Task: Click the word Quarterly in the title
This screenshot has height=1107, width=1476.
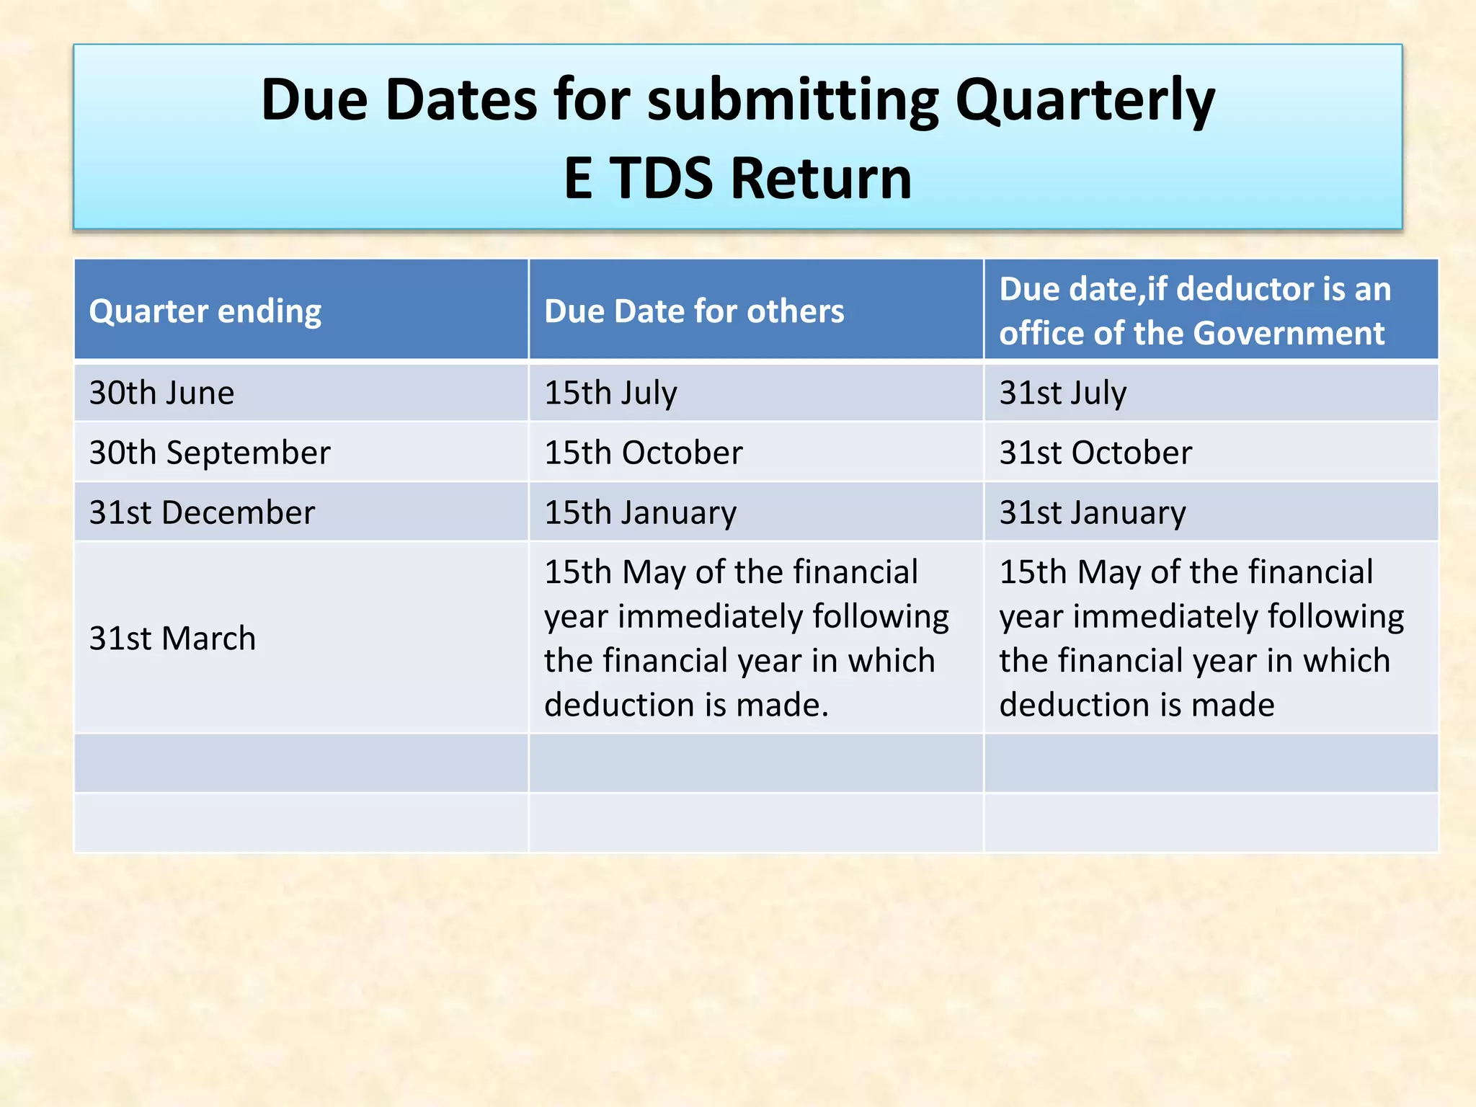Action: tap(1085, 101)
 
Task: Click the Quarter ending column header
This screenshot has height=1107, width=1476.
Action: tap(205, 312)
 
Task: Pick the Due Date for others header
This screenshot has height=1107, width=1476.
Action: tap(694, 312)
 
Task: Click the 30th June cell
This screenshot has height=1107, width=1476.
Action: tap(162, 394)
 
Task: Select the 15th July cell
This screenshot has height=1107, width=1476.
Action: tap(610, 394)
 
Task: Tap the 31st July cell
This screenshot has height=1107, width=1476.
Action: tap(1063, 394)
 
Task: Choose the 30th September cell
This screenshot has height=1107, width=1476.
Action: tap(210, 453)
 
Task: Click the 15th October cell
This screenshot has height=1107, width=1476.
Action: tap(644, 453)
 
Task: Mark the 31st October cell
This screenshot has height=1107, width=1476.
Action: tap(1095, 453)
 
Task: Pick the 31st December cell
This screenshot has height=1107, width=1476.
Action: tap(203, 513)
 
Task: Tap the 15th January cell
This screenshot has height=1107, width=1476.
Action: tap(641, 513)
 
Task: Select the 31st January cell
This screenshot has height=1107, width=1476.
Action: tap(1093, 513)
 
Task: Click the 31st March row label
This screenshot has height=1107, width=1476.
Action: tap(173, 639)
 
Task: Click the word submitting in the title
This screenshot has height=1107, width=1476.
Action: tap(793, 101)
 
